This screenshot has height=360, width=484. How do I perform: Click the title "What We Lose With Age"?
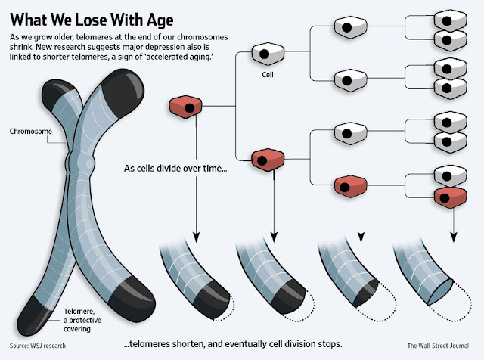tap(92, 20)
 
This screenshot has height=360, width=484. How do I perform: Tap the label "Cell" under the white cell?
tap(268, 75)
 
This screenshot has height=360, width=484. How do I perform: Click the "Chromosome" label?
tap(30, 131)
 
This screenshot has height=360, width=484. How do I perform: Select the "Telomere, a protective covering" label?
tap(82, 320)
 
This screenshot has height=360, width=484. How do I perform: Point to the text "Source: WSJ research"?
tap(38, 346)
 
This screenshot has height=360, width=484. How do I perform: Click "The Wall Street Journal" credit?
tap(438, 346)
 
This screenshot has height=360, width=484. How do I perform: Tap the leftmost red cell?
tap(185, 107)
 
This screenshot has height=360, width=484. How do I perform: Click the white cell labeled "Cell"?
tap(268, 54)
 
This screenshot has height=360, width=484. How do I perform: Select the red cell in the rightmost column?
tap(451, 197)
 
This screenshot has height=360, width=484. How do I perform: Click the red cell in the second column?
tap(268, 160)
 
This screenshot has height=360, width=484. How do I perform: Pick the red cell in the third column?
tap(351, 186)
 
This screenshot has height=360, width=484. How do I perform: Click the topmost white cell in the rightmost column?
tap(451, 20)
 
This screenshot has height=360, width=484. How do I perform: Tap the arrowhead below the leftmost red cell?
tap(196, 237)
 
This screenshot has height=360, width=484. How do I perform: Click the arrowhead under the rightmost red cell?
tap(453, 237)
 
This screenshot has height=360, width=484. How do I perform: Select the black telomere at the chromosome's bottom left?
tap(34, 315)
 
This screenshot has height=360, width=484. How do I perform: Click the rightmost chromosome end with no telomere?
tap(441, 292)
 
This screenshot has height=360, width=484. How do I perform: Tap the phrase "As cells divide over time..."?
tap(175, 169)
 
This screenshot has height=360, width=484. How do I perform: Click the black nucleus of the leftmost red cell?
tap(190, 108)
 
